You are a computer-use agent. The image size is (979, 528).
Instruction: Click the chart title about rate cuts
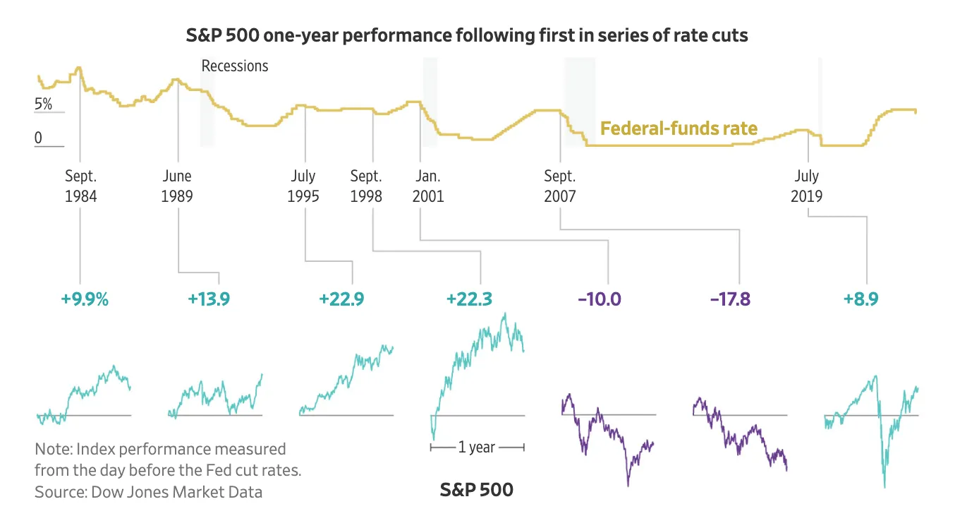click(x=467, y=35)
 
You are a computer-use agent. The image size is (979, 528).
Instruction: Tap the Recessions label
click(x=235, y=66)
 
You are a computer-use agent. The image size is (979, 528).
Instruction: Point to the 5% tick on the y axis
click(x=43, y=104)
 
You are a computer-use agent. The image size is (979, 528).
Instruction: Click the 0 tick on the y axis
click(x=39, y=138)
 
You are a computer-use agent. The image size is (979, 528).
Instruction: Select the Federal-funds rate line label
click(x=679, y=128)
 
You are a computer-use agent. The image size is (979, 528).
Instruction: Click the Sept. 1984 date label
click(x=81, y=186)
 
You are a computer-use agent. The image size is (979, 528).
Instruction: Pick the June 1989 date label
click(x=177, y=186)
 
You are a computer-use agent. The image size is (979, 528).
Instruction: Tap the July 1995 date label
click(x=303, y=186)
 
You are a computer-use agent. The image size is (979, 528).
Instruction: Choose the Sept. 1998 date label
click(x=366, y=186)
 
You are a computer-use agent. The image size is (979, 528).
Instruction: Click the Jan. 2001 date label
click(x=428, y=186)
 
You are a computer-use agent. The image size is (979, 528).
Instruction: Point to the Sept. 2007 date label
click(x=560, y=186)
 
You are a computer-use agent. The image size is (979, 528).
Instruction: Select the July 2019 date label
click(x=807, y=186)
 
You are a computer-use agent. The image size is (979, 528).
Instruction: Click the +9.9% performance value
click(x=85, y=300)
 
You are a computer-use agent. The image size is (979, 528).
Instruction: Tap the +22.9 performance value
click(x=341, y=300)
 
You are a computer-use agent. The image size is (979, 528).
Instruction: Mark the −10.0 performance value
click(x=600, y=300)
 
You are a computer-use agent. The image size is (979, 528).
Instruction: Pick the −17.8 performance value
click(x=730, y=300)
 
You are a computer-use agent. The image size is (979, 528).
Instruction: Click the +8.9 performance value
click(x=861, y=300)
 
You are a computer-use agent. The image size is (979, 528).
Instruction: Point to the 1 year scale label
click(x=477, y=448)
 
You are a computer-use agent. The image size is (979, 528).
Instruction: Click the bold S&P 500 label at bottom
click(x=476, y=490)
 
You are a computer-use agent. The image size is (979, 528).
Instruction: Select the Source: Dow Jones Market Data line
click(x=149, y=492)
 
